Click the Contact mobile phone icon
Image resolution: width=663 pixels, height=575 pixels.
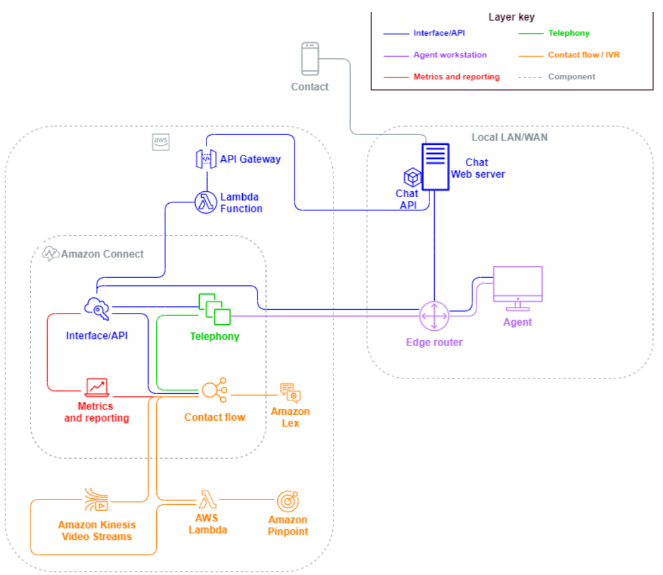310,59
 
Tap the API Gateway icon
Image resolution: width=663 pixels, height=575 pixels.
206,159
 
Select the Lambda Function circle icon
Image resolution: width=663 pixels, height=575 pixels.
206,202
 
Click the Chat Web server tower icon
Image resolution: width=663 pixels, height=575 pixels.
435,167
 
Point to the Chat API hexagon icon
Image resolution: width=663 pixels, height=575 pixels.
413,177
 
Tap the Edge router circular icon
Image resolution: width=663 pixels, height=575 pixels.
434,317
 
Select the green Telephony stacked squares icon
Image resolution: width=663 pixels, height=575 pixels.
214,308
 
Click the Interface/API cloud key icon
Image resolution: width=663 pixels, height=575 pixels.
97,309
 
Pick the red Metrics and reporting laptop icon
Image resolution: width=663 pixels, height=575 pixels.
97,388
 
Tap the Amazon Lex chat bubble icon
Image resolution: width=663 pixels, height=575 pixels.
290,392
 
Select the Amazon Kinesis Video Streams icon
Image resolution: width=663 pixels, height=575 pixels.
97,500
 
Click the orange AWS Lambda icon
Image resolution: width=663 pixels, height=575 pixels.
208,500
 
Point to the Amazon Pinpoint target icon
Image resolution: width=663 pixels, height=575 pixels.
288,501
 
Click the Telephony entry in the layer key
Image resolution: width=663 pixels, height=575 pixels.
568,32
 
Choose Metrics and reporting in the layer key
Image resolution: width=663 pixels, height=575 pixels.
456,77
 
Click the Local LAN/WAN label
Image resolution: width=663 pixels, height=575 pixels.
509,138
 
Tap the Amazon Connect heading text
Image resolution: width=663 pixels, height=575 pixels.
102,253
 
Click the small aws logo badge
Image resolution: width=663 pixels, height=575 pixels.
161,142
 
